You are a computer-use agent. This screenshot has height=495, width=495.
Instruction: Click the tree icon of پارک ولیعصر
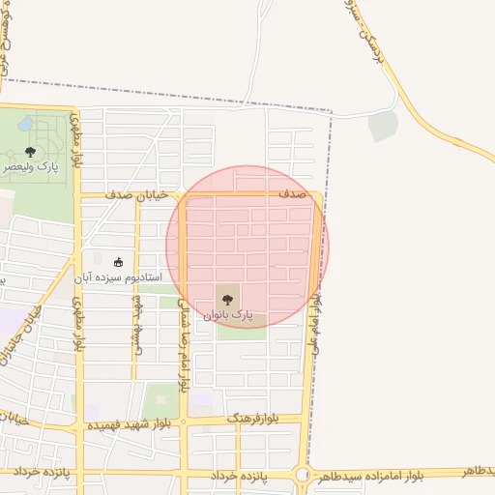[31, 151]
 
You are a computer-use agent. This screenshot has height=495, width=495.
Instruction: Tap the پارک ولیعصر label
[29, 166]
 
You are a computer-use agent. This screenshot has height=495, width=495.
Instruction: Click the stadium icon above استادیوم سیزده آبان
[120, 262]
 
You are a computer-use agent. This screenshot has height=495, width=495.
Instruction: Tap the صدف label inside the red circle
[293, 194]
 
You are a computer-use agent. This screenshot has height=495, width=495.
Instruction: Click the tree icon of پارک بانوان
[228, 299]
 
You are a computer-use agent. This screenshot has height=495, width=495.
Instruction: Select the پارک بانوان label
[228, 314]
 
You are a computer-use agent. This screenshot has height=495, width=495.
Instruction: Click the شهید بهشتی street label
[136, 325]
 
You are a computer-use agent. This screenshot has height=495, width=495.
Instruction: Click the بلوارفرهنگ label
[253, 419]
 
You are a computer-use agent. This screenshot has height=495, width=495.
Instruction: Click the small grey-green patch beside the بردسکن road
[384, 126]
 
